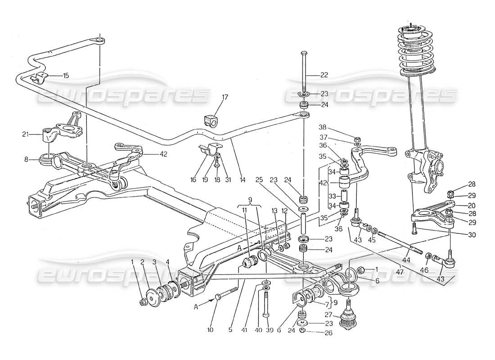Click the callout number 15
click(x=66, y=76)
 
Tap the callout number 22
click(x=324, y=75)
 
